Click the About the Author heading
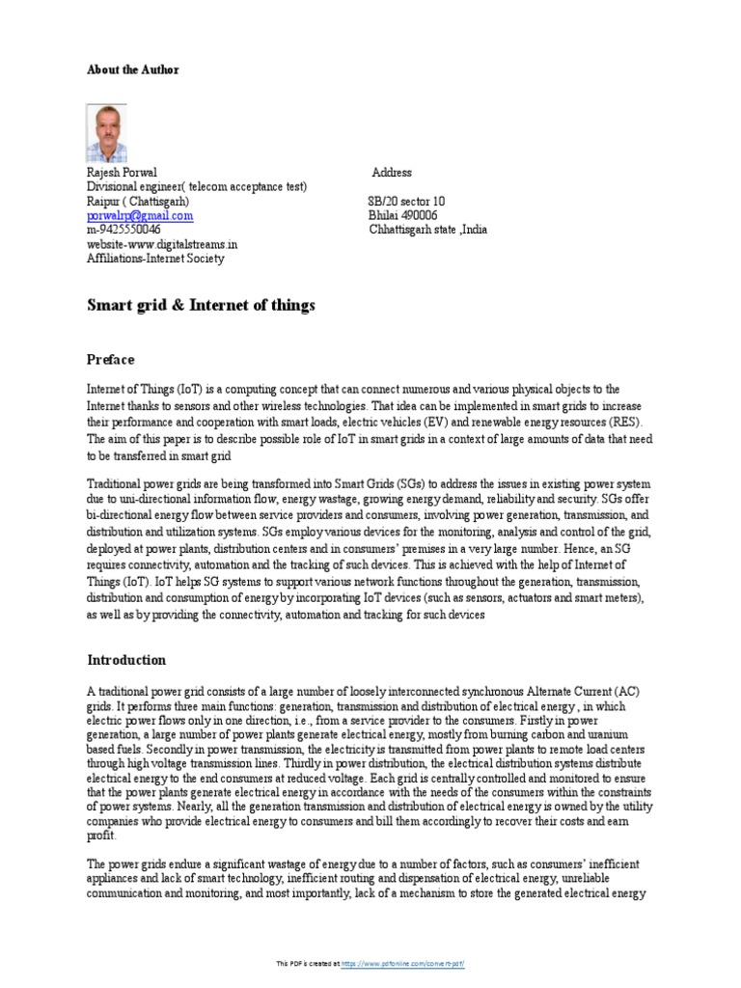click(x=132, y=70)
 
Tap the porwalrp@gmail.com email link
click(x=140, y=216)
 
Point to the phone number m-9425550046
click(x=123, y=231)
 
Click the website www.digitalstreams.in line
click(x=162, y=245)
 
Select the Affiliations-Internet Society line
click(x=155, y=259)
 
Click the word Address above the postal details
click(x=392, y=173)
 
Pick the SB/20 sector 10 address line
click(x=406, y=202)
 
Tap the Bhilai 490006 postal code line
click(x=403, y=216)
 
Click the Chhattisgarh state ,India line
click(x=428, y=231)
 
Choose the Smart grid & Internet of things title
click(x=201, y=307)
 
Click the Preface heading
click(x=111, y=359)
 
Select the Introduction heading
click(x=126, y=661)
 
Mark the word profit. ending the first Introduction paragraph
click(x=101, y=837)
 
